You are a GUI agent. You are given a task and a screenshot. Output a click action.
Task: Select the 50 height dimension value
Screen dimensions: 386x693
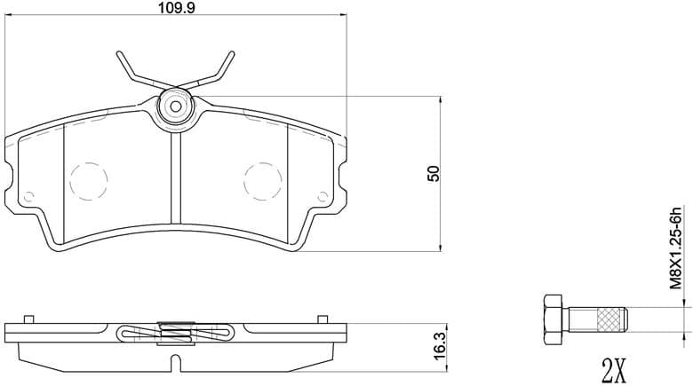[x=434, y=173]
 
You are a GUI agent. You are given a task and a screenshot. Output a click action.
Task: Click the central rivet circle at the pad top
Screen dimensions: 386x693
[x=175, y=106]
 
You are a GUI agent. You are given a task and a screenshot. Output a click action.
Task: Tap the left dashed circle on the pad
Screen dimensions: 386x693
[x=88, y=180]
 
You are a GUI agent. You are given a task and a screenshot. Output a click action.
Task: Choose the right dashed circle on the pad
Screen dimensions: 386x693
[x=262, y=180]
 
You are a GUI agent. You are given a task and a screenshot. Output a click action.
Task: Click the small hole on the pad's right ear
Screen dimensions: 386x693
[x=323, y=196]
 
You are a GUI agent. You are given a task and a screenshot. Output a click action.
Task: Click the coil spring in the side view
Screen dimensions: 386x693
[x=175, y=332]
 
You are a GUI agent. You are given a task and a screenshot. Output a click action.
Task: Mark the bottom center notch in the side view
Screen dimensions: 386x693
[x=175, y=362]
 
